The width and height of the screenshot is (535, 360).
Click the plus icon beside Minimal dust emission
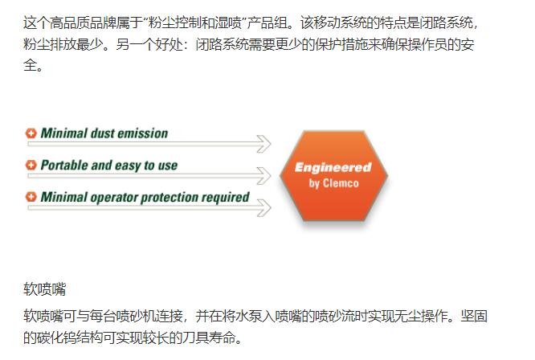[31, 133]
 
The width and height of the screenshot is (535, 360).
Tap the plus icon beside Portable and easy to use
[31, 166]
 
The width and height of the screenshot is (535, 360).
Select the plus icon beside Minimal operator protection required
[31, 197]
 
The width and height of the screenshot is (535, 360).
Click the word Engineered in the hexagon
[333, 168]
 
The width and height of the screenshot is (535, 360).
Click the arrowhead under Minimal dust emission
[264, 144]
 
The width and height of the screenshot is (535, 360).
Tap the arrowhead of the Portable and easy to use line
[264, 176]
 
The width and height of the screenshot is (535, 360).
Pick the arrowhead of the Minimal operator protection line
[264, 208]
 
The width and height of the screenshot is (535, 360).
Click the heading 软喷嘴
[44, 289]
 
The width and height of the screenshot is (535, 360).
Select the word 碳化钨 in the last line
[56, 337]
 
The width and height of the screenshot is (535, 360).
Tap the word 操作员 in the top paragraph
[415, 44]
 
